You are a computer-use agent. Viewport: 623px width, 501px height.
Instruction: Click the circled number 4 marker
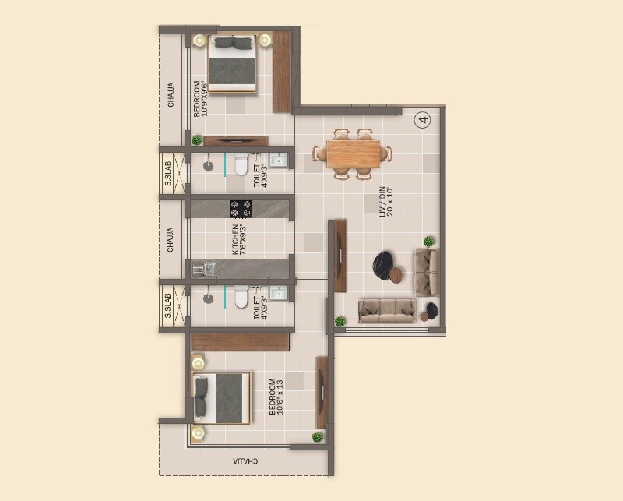tap(423, 119)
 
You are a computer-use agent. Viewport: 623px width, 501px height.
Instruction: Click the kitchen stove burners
tap(241, 208)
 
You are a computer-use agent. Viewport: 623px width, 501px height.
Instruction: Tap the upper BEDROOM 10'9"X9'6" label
tap(200, 99)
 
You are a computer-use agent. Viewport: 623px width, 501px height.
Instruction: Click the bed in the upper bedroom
tap(234, 64)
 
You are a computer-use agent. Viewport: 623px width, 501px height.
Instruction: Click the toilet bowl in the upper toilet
tap(241, 166)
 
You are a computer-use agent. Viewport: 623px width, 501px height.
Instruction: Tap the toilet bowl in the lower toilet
tap(241, 297)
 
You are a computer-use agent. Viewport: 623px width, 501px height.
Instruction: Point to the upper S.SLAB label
tap(167, 174)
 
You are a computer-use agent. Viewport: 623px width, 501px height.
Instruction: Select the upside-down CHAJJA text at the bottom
tap(245, 460)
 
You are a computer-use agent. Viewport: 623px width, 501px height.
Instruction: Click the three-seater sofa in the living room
tap(387, 309)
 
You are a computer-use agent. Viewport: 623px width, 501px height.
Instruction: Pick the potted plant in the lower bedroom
tap(317, 437)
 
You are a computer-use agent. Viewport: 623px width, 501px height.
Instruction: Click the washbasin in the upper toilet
tap(278, 162)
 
